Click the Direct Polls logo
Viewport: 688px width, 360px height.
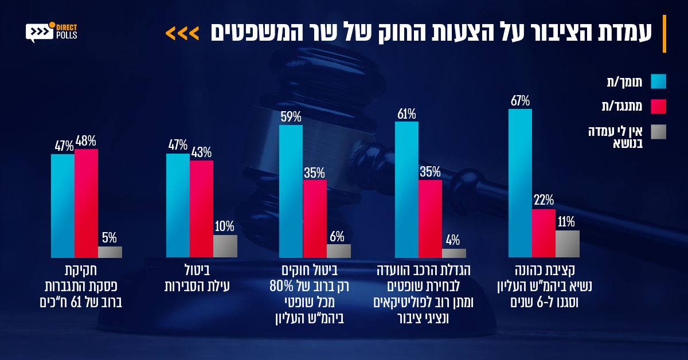coord(51,32)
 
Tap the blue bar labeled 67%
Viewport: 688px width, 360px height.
coord(521,183)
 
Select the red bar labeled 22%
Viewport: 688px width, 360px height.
coord(544,233)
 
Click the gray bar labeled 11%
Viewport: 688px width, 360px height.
coord(568,244)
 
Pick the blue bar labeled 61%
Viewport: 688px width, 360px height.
coord(406,190)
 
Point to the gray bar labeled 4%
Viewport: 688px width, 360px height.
coord(454,253)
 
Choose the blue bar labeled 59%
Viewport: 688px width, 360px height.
coord(291,191)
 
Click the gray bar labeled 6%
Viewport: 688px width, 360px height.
coord(339,251)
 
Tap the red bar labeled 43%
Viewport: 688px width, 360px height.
coord(201,209)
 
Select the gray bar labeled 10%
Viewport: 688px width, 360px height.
coord(225,246)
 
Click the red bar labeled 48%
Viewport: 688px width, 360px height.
coord(87,204)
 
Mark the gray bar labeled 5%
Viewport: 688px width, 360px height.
coord(110,252)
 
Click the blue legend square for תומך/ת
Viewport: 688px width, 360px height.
coord(659,81)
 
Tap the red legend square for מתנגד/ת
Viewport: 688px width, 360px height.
coord(659,107)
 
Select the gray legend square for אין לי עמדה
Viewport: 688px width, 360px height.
coord(659,132)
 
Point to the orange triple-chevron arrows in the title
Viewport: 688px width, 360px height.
coord(182,34)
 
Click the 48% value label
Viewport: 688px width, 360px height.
coord(85,141)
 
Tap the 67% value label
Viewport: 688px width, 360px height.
coord(521,101)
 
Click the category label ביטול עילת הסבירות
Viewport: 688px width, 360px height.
coord(197,278)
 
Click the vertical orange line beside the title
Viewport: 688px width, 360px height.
coord(664,34)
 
